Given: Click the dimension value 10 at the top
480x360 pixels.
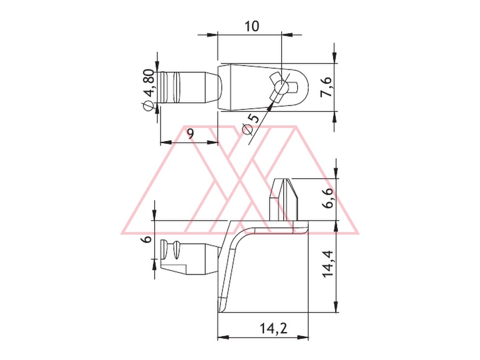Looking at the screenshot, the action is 251,26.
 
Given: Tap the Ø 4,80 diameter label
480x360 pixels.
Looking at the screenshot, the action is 148,90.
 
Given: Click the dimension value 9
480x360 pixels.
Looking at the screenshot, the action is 190,134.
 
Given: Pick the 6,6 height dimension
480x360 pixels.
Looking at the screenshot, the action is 328,198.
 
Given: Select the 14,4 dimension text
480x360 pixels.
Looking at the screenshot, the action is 328,264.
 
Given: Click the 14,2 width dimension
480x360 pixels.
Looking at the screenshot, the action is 274,329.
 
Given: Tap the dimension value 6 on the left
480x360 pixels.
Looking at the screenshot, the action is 147,239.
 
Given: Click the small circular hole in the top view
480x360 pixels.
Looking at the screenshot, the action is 281,87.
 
